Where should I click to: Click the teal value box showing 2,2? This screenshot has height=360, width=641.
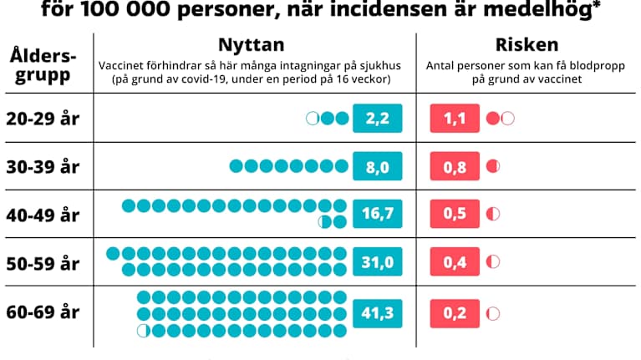pos(378,118)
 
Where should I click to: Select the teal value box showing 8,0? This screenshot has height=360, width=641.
pos(378,166)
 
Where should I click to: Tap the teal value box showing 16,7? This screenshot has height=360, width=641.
pos(378,214)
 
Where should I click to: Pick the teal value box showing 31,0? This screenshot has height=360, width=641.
pos(378,262)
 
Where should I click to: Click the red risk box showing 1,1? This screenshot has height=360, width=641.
pos(454,118)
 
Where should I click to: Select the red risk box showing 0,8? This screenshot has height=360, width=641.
pos(454,166)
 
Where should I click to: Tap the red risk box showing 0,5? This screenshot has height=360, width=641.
pos(454,214)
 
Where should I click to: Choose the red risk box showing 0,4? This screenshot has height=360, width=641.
pos(454,262)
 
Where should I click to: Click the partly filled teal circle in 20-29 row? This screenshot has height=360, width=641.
pos(313,118)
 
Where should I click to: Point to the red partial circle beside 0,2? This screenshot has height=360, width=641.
pos(493,314)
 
